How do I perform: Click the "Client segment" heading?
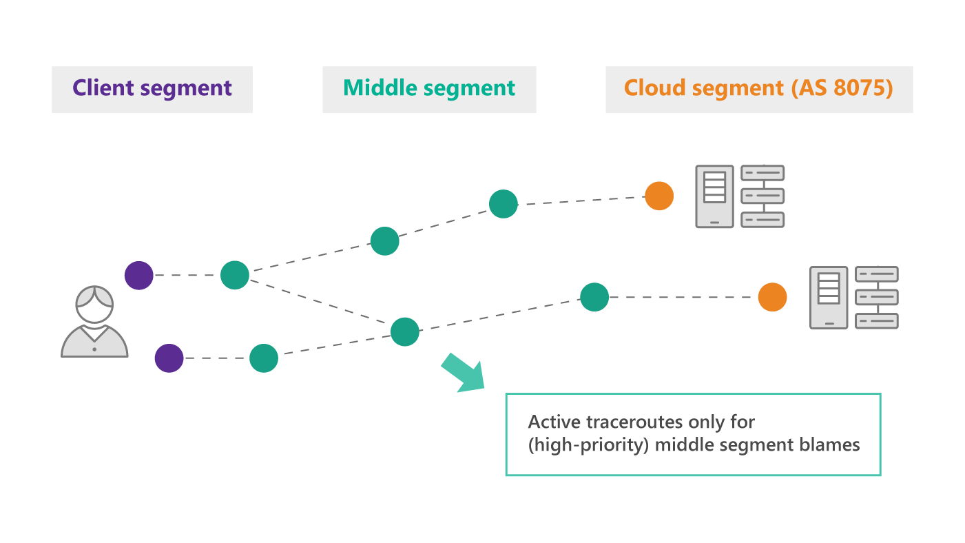pyautogui.click(x=152, y=88)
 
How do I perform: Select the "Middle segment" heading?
pyautogui.click(x=428, y=88)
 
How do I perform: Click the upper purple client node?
pyautogui.click(x=139, y=275)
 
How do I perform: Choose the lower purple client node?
pyautogui.click(x=169, y=358)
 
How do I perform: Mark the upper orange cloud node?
pyautogui.click(x=659, y=196)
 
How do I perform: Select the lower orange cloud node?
pyautogui.click(x=773, y=297)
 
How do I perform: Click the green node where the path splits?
pyautogui.click(x=235, y=275)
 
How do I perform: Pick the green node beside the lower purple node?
pyautogui.click(x=264, y=358)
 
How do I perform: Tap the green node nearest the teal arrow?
pyautogui.click(x=405, y=331)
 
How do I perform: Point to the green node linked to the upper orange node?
pyautogui.click(x=504, y=204)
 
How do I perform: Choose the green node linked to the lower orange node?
pyautogui.click(x=594, y=297)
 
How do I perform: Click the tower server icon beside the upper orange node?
pyautogui.click(x=714, y=196)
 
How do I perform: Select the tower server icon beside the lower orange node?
pyautogui.click(x=829, y=297)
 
